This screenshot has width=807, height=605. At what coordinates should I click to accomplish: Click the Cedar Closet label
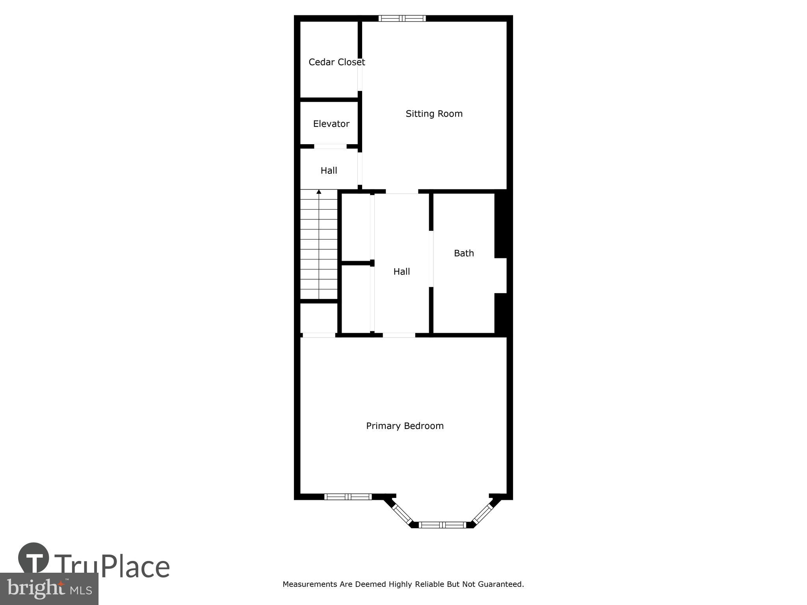coord(337,62)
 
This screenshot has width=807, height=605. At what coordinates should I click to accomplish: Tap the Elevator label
coord(331,124)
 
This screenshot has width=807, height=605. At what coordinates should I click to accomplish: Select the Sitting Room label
coord(434,114)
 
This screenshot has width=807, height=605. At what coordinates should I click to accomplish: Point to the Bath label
coord(464,253)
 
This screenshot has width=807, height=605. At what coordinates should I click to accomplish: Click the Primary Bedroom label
coord(405,426)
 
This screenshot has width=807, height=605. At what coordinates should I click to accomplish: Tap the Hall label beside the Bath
coord(402,272)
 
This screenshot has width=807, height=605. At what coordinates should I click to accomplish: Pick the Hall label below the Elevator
coord(329,171)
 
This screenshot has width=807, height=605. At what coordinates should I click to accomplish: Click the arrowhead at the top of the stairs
coord(319,192)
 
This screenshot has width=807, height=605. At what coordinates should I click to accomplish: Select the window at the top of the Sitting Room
coord(402,18)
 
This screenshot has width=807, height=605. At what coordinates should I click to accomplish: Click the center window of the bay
coord(442,525)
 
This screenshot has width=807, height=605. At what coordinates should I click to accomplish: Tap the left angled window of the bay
coord(402,514)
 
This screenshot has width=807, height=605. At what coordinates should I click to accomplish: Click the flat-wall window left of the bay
coord(348,497)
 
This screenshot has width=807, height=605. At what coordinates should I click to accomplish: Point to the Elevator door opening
coord(330,147)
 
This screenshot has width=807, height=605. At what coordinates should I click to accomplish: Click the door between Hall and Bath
coord(431,258)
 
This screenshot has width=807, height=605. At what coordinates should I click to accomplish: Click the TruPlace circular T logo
coord(33,558)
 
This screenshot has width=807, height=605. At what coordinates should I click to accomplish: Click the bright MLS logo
coord(49,588)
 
